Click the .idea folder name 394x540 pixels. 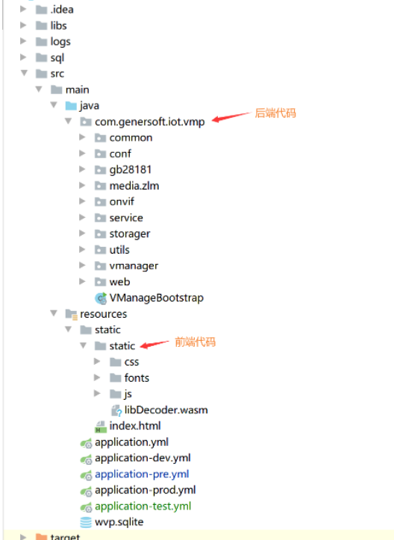tap(61, 10)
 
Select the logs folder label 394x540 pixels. tap(60, 42)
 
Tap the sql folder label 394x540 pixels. tap(57, 57)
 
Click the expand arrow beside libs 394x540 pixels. tap(24, 26)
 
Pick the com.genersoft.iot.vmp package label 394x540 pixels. tap(149, 122)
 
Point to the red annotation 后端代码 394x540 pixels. tap(276, 113)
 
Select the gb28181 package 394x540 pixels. tap(130, 169)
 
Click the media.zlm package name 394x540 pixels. tap(134, 186)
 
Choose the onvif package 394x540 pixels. tap(122, 201)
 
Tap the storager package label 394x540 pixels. tap(129, 233)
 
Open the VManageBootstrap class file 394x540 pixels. tap(156, 298)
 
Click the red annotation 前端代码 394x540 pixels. tap(195, 342)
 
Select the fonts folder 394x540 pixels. tap(137, 378)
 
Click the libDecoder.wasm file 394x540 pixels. tap(166, 409)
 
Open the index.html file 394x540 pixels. tap(134, 426)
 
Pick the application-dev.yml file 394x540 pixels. tap(143, 458)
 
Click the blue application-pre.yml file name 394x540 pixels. tap(142, 474)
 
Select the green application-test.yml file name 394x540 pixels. tap(143, 506)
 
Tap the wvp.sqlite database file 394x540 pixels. tap(119, 522)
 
